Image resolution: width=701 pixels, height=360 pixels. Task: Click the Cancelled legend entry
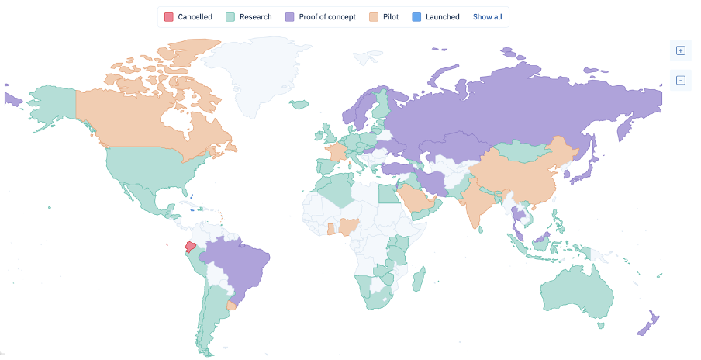point(188,17)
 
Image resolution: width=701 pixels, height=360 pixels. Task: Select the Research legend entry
point(249,17)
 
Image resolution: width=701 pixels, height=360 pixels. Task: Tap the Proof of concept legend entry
point(320,17)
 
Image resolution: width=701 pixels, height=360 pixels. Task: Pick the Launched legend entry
point(436,17)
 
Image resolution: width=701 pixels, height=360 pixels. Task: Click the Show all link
point(487,17)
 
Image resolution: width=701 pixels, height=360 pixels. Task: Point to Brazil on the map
point(240,264)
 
